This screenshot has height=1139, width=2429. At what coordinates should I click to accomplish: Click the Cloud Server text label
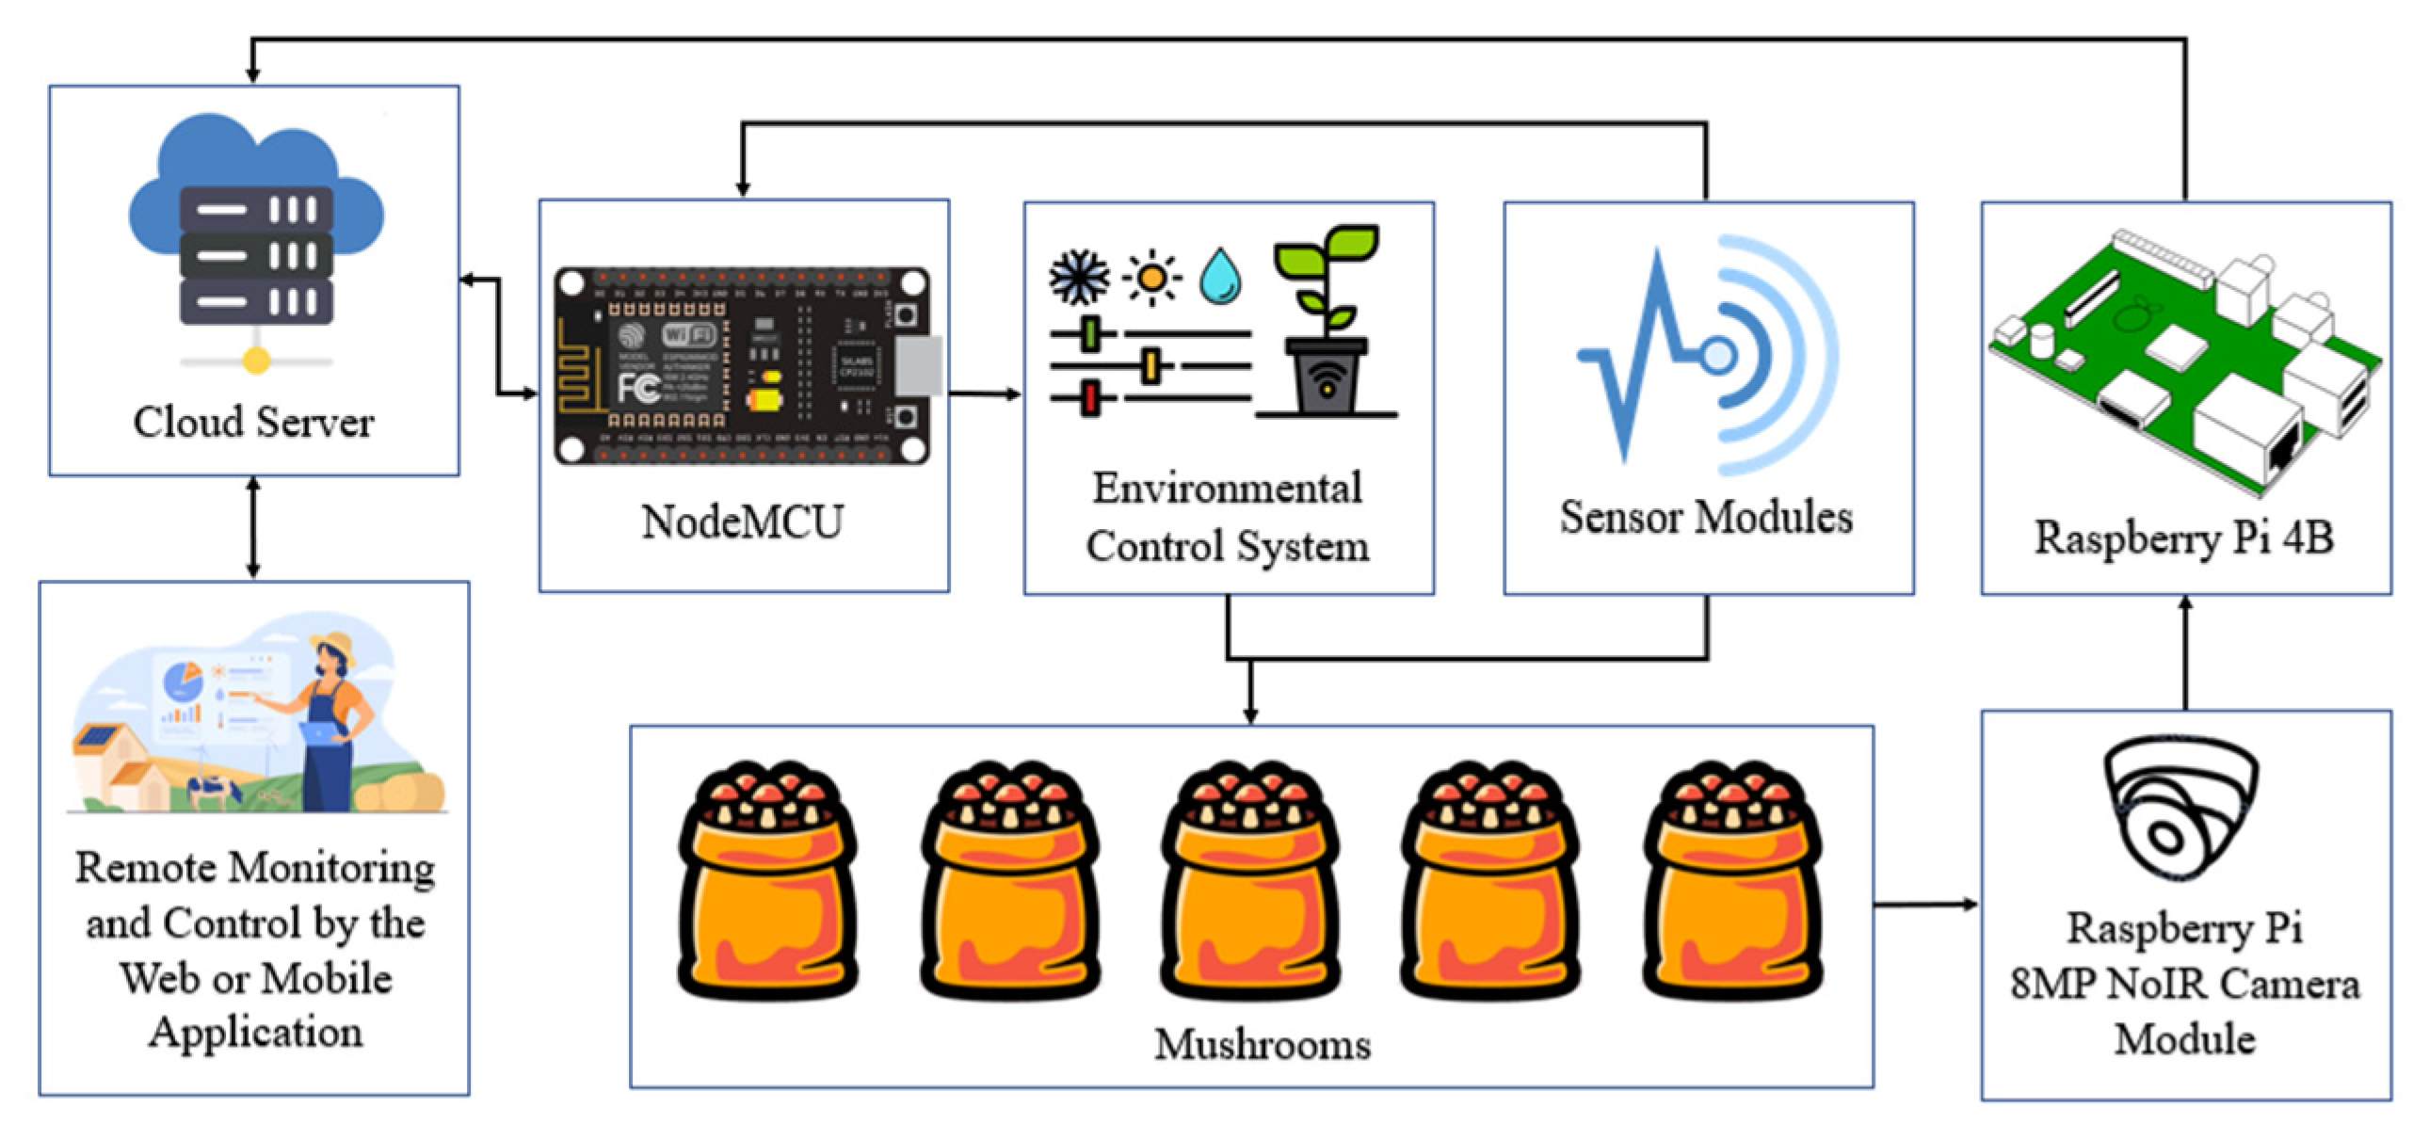click(x=252, y=422)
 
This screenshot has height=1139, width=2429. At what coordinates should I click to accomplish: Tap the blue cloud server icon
click(x=255, y=235)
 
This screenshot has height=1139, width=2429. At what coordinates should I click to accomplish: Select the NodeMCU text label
click(x=742, y=521)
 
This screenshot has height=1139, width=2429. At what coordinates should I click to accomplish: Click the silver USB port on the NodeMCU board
click(x=918, y=365)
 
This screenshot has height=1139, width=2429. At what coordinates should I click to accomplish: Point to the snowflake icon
click(x=1079, y=277)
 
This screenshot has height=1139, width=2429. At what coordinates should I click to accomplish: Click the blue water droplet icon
click(x=1220, y=276)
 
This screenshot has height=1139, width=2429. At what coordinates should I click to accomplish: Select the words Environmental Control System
click(x=1228, y=517)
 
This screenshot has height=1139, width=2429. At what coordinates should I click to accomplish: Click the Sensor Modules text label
click(x=1706, y=517)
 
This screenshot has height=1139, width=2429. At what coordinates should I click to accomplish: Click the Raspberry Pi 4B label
click(x=2184, y=538)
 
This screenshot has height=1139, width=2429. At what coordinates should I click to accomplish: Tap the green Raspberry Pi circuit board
click(x=2184, y=363)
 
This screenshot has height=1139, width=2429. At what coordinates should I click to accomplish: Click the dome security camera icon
click(x=2180, y=807)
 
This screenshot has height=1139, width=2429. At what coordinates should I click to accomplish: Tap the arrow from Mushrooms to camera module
click(x=1925, y=905)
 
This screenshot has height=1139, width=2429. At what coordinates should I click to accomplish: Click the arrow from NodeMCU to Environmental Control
click(x=986, y=393)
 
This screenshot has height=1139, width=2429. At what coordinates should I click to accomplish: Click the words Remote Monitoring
click(x=254, y=868)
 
